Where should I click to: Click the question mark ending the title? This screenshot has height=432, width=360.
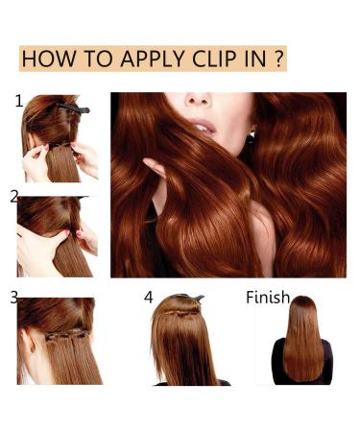tap(277, 58)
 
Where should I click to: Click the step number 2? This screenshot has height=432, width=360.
tap(14, 197)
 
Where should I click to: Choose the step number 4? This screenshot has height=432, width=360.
tap(149, 298)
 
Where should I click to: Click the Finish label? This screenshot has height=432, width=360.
tap(267, 298)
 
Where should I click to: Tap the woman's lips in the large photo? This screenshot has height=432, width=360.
tap(203, 126)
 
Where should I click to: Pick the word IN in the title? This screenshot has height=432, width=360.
tap(254, 58)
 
